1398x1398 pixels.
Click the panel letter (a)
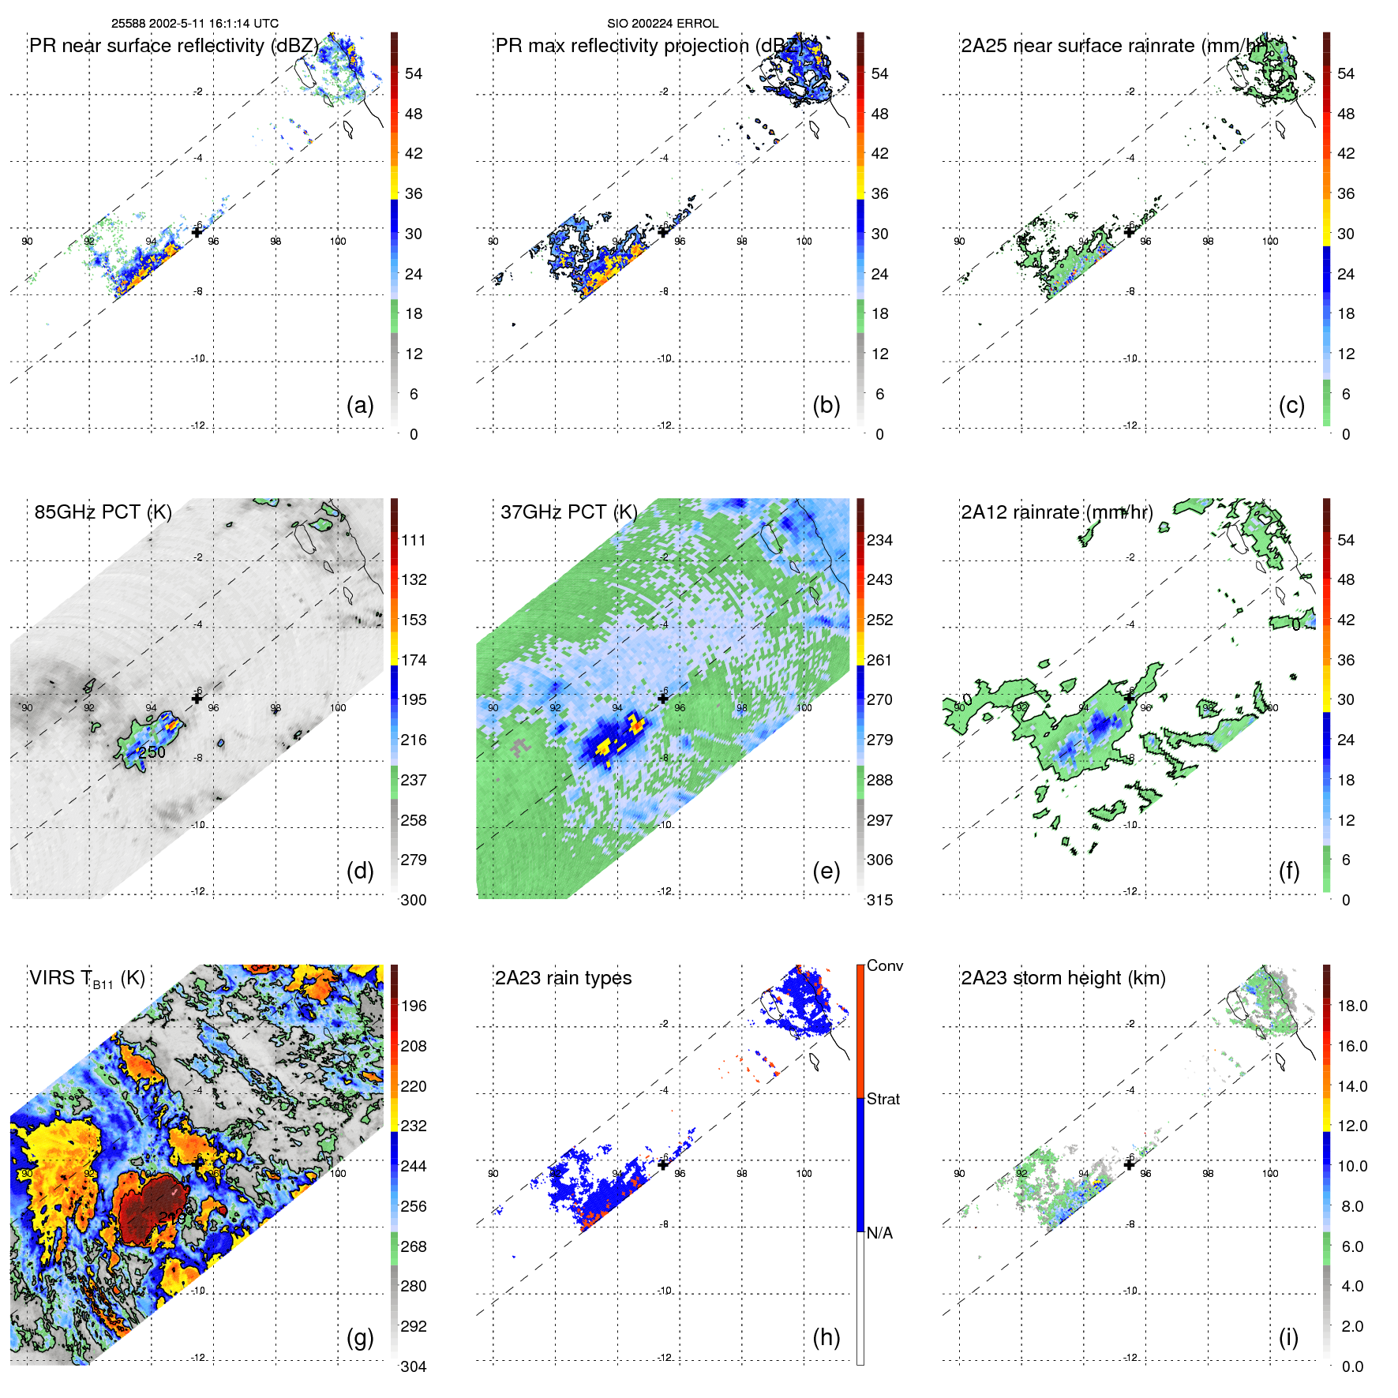tap(360, 406)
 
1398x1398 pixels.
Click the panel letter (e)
tap(826, 871)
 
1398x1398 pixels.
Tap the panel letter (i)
tap(1288, 1337)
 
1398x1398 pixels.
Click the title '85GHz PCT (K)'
tap(103, 512)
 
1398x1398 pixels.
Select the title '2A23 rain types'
tap(563, 978)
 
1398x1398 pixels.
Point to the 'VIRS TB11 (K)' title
tap(87, 979)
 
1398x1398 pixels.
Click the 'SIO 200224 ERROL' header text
tap(662, 24)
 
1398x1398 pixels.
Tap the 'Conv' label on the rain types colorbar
tap(885, 966)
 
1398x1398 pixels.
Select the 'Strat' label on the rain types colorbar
tap(883, 1100)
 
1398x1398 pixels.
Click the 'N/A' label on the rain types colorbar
tap(879, 1233)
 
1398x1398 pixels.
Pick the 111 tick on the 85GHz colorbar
tap(414, 541)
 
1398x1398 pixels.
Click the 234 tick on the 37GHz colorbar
tap(879, 541)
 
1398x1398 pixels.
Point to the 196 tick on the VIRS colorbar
tap(414, 1006)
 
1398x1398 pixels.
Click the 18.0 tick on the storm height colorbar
tap(1352, 1006)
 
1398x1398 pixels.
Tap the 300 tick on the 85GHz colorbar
tap(414, 900)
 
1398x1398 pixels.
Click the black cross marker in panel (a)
tap(197, 232)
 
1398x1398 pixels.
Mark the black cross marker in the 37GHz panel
tap(663, 699)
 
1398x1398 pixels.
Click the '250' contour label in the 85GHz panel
tap(152, 752)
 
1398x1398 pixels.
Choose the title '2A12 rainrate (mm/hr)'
tap(1057, 512)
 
